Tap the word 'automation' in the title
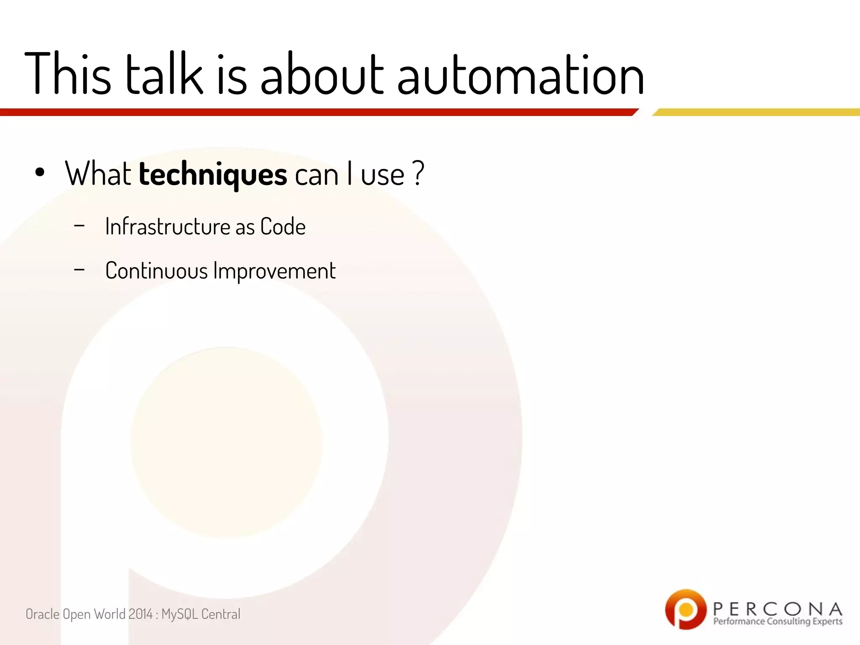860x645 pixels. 520,76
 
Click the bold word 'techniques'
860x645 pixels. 213,174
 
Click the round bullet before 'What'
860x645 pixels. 40,173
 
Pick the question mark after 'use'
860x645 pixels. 418,173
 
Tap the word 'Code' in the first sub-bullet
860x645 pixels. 283,227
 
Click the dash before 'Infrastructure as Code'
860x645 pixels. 79,226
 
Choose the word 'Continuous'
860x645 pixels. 156,271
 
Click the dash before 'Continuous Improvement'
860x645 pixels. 79,270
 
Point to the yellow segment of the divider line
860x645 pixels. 756,112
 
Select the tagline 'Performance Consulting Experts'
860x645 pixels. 777,621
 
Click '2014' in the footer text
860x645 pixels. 140,614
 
